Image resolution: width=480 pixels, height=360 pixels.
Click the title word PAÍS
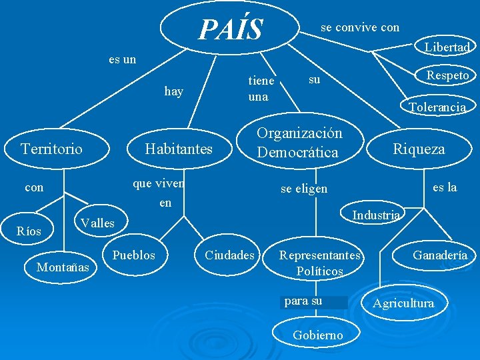pyautogui.click(x=231, y=29)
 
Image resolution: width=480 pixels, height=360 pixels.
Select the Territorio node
pyautogui.click(x=52, y=148)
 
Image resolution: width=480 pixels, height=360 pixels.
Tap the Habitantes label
pyautogui.click(x=179, y=149)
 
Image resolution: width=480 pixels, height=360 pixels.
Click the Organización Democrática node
pyautogui.click(x=299, y=143)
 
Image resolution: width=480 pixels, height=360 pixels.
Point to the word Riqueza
pyautogui.click(x=418, y=149)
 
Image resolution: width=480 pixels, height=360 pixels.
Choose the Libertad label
pyautogui.click(x=447, y=47)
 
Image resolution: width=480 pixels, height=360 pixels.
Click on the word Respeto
pyautogui.click(x=447, y=75)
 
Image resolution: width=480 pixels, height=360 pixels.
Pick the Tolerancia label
pyautogui.click(x=437, y=107)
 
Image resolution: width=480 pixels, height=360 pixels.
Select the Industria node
pyautogui.click(x=376, y=215)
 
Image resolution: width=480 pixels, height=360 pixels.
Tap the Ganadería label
pyautogui.click(x=440, y=255)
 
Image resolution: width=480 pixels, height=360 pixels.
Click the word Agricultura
pyautogui.click(x=403, y=303)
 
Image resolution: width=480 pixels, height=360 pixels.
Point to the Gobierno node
pyautogui.click(x=318, y=335)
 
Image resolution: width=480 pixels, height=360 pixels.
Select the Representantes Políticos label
pyautogui.click(x=320, y=263)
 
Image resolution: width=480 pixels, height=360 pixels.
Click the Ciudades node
pyautogui.click(x=229, y=255)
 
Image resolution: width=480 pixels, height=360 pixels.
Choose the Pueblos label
pyautogui.click(x=133, y=255)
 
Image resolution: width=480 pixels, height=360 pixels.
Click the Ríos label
pyautogui.click(x=29, y=231)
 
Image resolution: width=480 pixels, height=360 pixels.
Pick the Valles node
pyautogui.click(x=97, y=223)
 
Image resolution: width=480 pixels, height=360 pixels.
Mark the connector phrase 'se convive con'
pyautogui.click(x=360, y=27)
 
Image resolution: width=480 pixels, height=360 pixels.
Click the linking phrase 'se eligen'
pyautogui.click(x=303, y=189)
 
